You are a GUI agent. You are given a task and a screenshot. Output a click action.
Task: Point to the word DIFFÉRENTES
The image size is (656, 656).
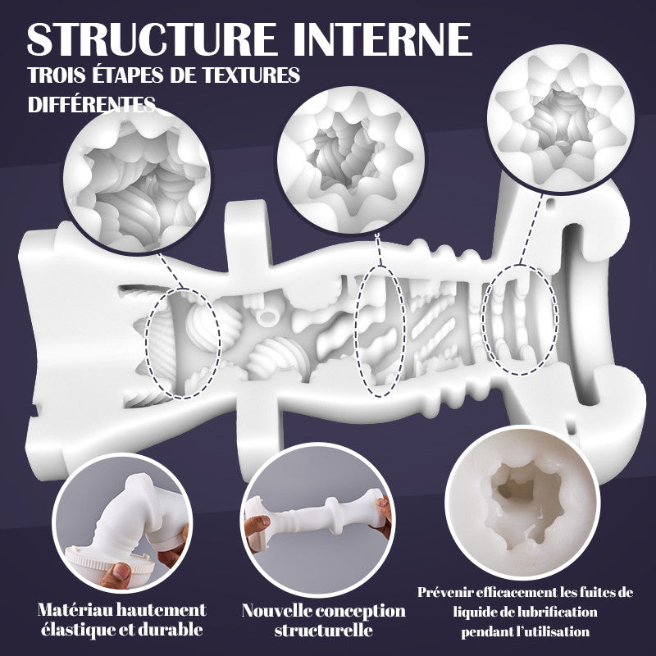pyautogui.click(x=92, y=104)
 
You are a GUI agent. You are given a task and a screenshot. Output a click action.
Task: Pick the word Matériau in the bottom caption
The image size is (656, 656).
pyautogui.click(x=76, y=609)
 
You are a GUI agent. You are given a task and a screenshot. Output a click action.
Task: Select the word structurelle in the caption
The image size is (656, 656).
pyautogui.click(x=323, y=631)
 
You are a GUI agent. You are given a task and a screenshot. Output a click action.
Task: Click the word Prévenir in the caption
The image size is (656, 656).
pyautogui.click(x=444, y=592)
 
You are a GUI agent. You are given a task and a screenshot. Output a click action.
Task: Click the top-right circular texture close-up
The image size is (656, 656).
pyautogui.click(x=561, y=118)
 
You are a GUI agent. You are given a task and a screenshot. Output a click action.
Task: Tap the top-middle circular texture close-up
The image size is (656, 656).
pyautogui.click(x=351, y=160)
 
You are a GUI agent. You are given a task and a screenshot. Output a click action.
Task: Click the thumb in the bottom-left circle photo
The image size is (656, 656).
pyautogui.click(x=116, y=574)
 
